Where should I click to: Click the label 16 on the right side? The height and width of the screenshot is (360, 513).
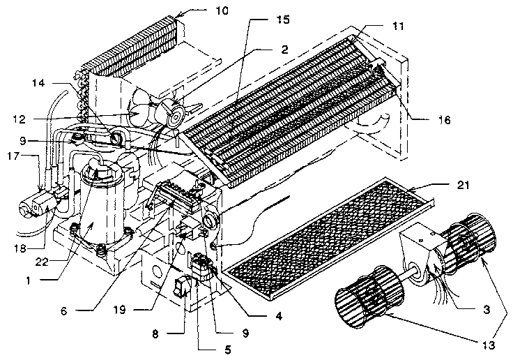pos(444,120)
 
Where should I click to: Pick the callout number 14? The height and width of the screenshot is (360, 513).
pos(40,83)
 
